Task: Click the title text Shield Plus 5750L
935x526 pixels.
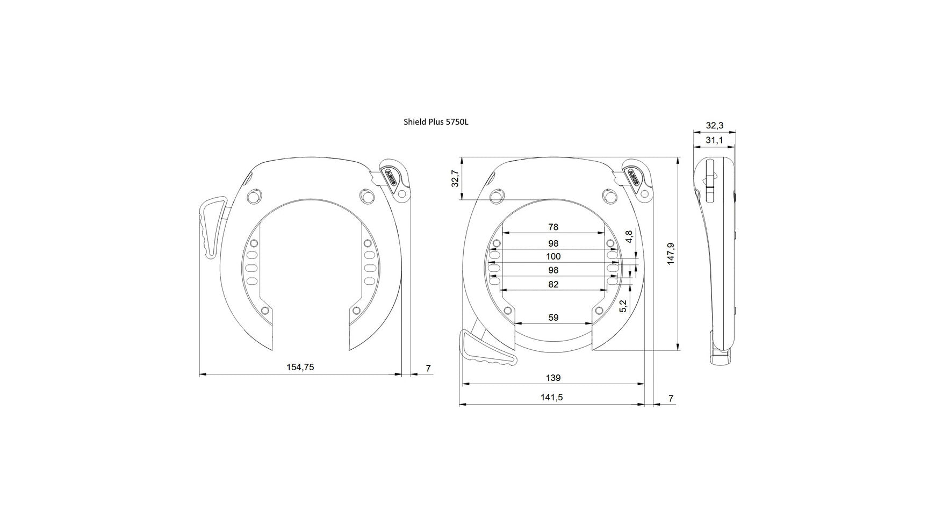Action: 436,122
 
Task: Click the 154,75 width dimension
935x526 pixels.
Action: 300,367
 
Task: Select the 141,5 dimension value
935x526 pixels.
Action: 552,398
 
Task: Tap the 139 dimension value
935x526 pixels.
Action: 553,378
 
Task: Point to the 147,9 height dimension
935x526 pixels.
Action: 670,254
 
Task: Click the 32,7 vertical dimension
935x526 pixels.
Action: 455,178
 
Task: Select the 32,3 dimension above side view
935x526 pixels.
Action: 714,125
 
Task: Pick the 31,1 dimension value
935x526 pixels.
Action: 714,140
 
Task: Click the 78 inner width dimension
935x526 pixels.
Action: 553,227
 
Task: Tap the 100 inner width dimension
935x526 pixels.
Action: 553,256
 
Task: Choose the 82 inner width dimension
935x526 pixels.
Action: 553,284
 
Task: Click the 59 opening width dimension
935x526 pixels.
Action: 553,318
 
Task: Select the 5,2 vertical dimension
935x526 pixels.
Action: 623,306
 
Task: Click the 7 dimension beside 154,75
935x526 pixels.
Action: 428,368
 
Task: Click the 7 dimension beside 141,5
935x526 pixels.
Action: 671,398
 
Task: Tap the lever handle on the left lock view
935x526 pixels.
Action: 211,226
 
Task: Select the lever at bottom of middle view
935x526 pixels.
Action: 484,352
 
